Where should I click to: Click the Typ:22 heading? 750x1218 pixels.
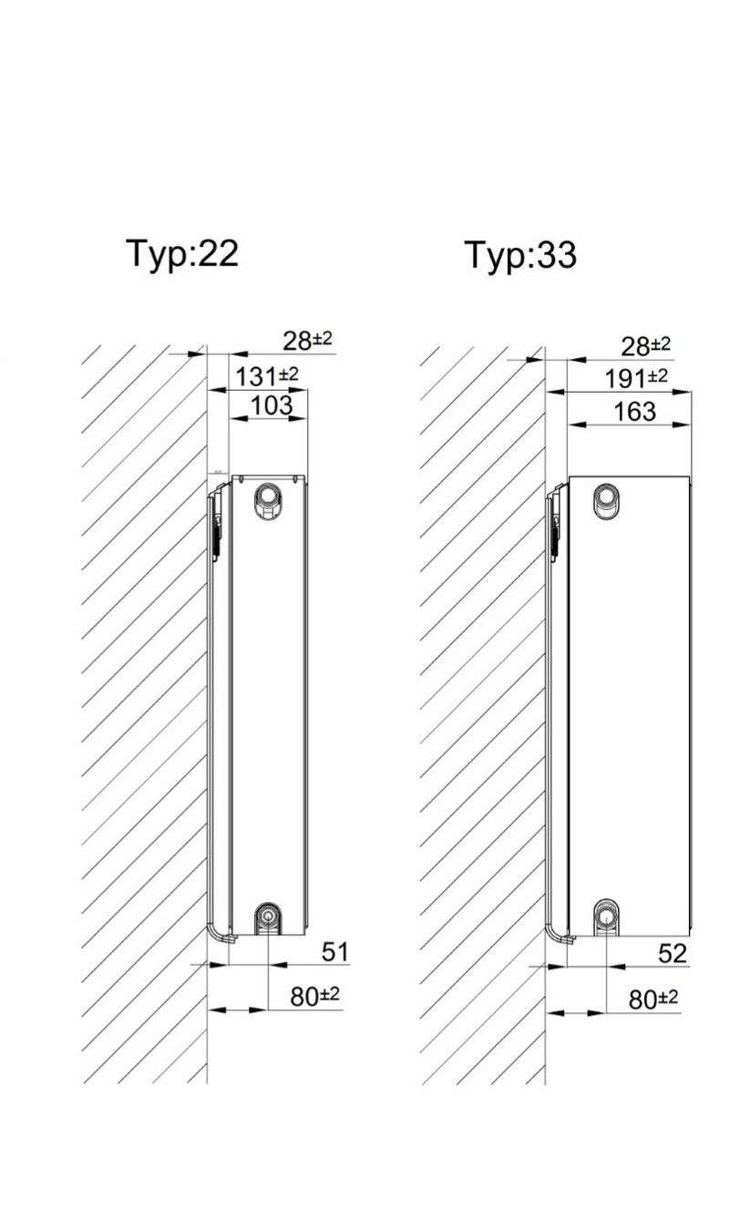tap(182, 254)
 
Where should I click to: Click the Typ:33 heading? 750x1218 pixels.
tap(521, 256)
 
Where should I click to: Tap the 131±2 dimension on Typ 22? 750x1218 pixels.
tap(266, 376)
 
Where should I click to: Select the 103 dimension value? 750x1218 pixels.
tap(272, 405)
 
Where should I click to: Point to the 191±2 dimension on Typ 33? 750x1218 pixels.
tap(636, 378)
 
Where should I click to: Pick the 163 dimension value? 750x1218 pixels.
tap(634, 412)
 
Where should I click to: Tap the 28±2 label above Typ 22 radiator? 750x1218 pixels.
tap(307, 341)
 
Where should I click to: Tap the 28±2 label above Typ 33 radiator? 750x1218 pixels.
tap(645, 346)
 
